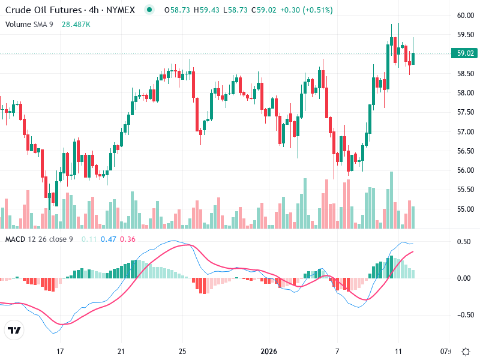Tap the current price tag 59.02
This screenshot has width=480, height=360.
pyautogui.click(x=466, y=53)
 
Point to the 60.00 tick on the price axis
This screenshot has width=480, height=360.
pyautogui.click(x=465, y=16)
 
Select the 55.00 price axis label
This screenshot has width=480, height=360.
pyautogui.click(x=465, y=209)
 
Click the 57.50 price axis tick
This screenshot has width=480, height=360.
pyautogui.click(x=465, y=112)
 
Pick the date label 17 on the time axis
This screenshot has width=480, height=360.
pyautogui.click(x=59, y=352)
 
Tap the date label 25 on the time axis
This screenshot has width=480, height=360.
pyautogui.click(x=183, y=352)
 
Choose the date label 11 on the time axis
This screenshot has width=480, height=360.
pyautogui.click(x=398, y=352)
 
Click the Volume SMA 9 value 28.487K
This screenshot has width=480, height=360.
pyautogui.click(x=76, y=24)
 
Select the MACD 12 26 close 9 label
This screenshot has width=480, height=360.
pyautogui.click(x=39, y=239)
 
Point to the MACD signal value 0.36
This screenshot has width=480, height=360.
pyautogui.click(x=128, y=239)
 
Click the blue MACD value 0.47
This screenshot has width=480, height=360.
pyautogui.click(x=108, y=239)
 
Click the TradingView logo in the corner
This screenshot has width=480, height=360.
pyautogui.click(x=14, y=331)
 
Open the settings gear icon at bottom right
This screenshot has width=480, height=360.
pyautogui.click(x=466, y=352)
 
